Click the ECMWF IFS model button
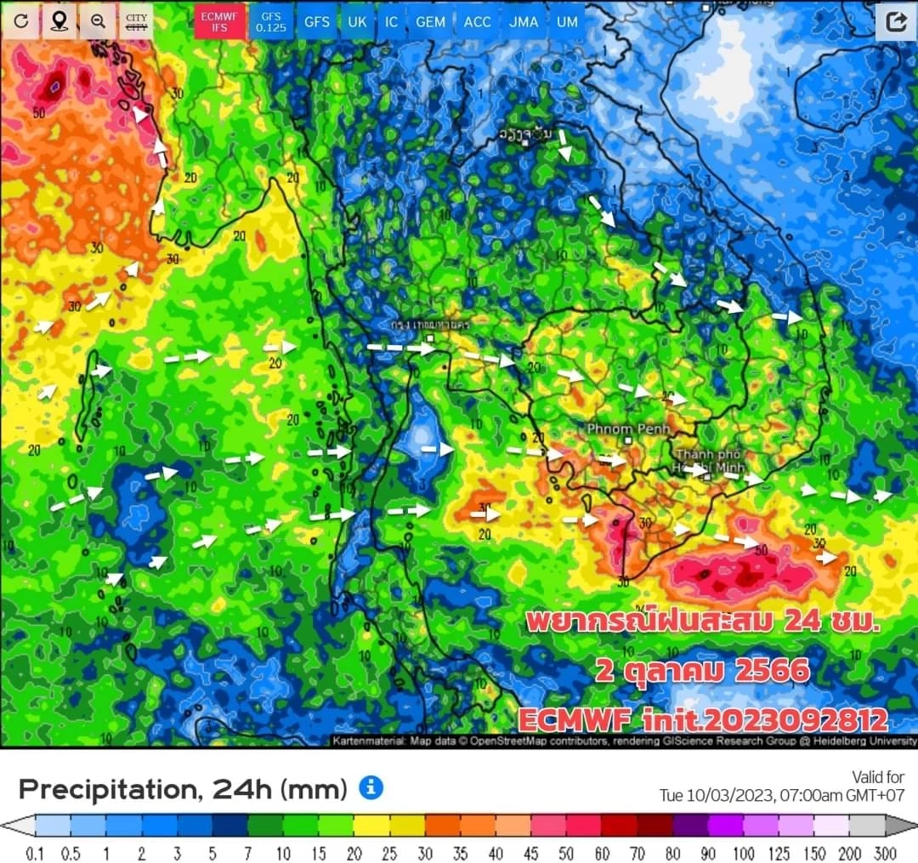(219, 21)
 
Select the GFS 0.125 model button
(270, 21)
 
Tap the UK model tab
(357, 21)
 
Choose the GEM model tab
(430, 21)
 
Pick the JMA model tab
(523, 21)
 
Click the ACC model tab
(477, 21)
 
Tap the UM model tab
(566, 21)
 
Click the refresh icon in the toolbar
(20, 21)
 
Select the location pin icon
(59, 21)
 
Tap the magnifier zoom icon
(98, 21)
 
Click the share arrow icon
(896, 21)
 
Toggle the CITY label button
(136, 21)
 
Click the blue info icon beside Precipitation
(371, 787)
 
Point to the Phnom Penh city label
(627, 429)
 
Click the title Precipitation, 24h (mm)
(183, 789)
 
